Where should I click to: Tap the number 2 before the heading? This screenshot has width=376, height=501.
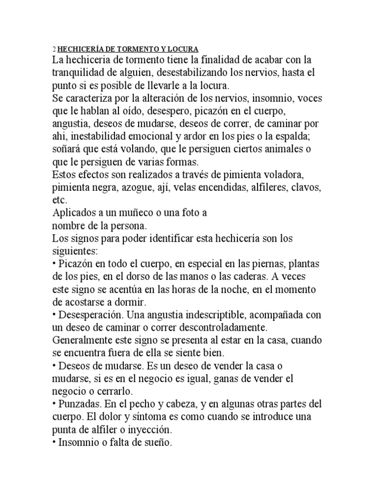(54, 49)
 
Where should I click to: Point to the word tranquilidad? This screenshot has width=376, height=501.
(80, 72)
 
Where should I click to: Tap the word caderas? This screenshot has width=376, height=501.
(232, 276)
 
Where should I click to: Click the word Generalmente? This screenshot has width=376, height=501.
(85, 340)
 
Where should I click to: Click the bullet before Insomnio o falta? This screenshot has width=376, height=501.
(53, 443)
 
